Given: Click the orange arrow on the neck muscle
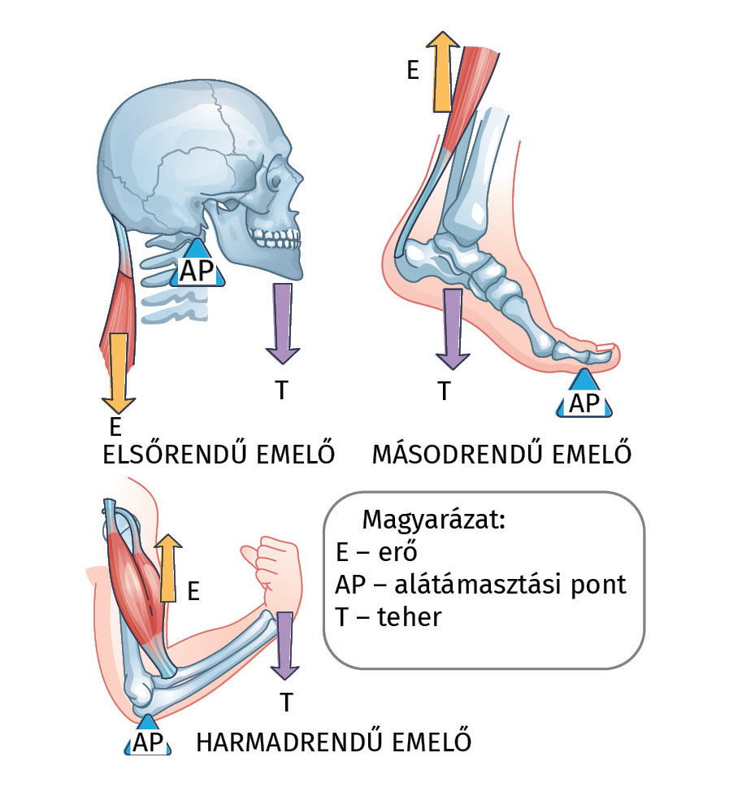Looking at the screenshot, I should pyautogui.click(x=118, y=371).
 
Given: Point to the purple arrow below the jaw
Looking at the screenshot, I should pyautogui.click(x=282, y=322).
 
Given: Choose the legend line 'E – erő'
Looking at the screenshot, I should pyautogui.click(x=375, y=553).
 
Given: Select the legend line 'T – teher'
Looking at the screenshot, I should pyautogui.click(x=388, y=617).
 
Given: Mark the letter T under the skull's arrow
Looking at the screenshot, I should pyautogui.click(x=281, y=390).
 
